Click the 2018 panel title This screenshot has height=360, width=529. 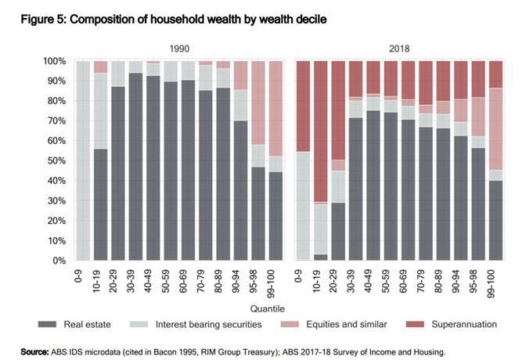399,47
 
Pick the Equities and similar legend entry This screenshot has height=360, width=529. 352,324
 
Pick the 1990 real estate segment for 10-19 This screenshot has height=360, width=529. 100,204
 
